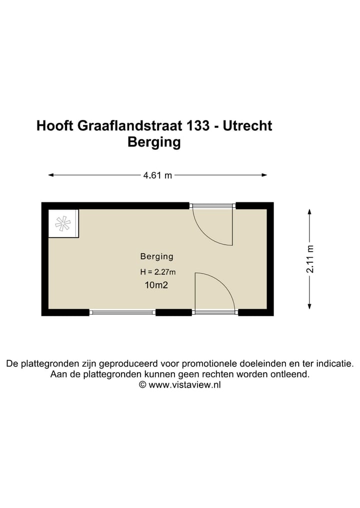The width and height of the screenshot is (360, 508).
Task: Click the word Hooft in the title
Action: point(55,125)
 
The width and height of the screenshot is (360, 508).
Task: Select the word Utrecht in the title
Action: point(247,125)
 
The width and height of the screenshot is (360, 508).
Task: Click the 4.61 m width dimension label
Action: point(157,175)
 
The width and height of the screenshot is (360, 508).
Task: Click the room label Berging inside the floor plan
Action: point(156,257)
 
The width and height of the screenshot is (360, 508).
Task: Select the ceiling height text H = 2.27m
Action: point(158,272)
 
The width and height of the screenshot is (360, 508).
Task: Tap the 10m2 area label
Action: point(156,286)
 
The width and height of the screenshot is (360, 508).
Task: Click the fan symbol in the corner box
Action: point(63,223)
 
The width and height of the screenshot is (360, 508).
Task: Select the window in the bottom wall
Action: point(122,313)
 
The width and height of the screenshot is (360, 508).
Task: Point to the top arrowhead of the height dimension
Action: point(310,212)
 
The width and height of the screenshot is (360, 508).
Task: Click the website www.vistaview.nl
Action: point(184,385)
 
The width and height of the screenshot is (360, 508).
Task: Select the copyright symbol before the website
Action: point(142,385)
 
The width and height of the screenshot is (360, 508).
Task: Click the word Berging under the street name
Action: point(154,142)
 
